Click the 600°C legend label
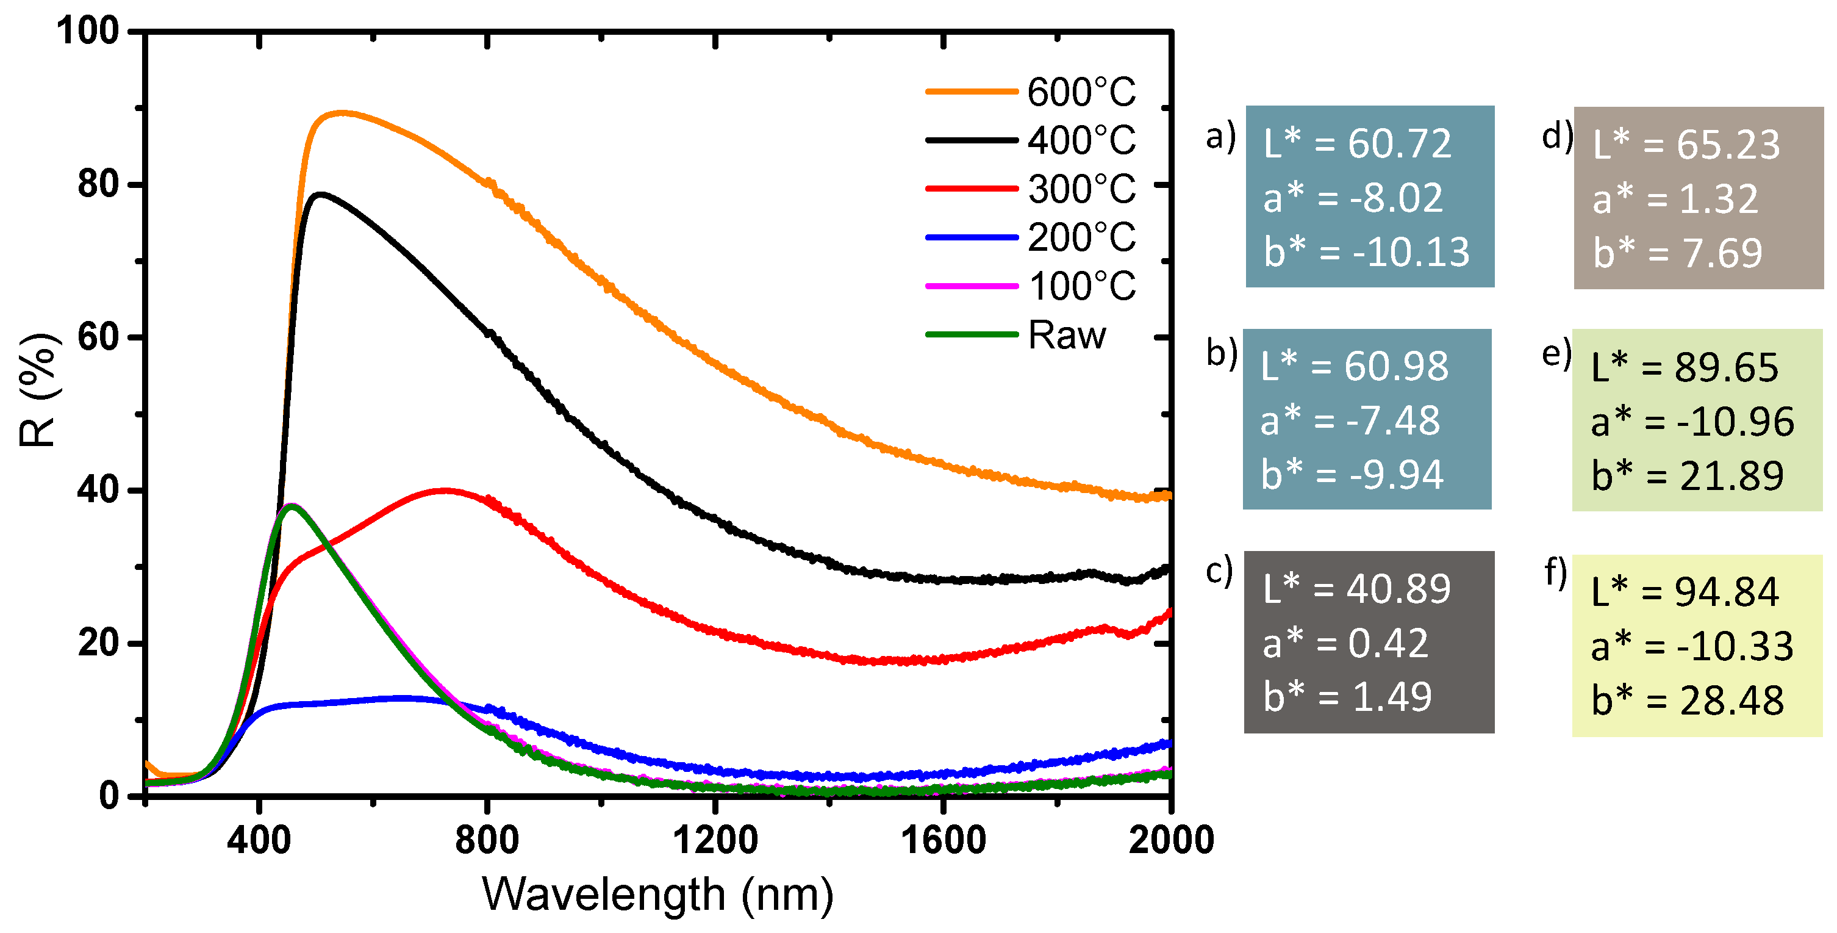pyautogui.click(x=1081, y=92)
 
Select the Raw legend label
pyautogui.click(x=1067, y=334)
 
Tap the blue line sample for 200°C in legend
pyautogui.click(x=972, y=237)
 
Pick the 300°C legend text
pyautogui.click(x=1081, y=189)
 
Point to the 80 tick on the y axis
pyautogui.click(x=98, y=185)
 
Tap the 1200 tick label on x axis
pyautogui.click(x=715, y=840)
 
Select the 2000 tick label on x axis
pyautogui.click(x=1170, y=840)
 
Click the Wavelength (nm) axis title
pyautogui.click(x=657, y=895)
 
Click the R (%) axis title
pyautogui.click(x=37, y=389)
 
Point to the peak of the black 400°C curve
pyautogui.click(x=321, y=194)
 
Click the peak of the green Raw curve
pyautogui.click(x=291, y=505)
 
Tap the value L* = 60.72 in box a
pyautogui.click(x=1357, y=143)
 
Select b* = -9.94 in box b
pyautogui.click(x=1352, y=474)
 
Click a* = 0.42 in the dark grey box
pyautogui.click(x=1345, y=643)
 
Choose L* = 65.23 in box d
pyautogui.click(x=1686, y=145)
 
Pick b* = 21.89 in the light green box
pyautogui.click(x=1687, y=476)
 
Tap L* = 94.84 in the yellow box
pyautogui.click(x=1685, y=592)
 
